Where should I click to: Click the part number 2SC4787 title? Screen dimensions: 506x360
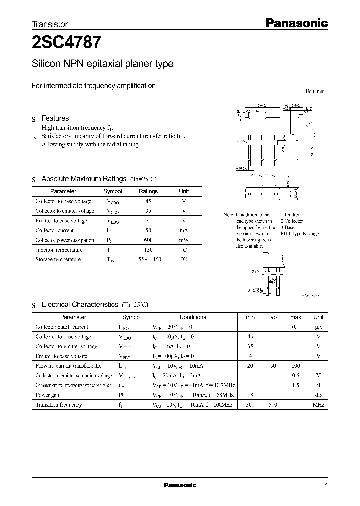(x=68, y=43)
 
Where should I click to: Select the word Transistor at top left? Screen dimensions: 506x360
(x=49, y=24)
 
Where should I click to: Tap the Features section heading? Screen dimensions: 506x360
(x=55, y=118)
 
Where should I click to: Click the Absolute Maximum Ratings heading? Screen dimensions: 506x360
(x=84, y=179)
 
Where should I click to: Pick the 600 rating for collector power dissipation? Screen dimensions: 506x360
(x=148, y=240)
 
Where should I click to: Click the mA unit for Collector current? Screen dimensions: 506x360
(x=184, y=230)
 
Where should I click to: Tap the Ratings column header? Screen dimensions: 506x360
(x=148, y=191)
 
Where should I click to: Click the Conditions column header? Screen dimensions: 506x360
(x=193, y=317)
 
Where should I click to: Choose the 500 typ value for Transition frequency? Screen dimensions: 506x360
(x=273, y=405)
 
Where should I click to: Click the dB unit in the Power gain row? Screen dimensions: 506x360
(x=318, y=395)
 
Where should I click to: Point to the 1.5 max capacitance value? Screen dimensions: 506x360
(x=295, y=385)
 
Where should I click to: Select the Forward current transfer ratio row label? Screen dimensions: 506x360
(x=68, y=366)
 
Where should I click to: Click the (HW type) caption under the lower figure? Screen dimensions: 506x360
(x=310, y=296)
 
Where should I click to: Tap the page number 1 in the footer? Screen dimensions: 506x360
(x=326, y=485)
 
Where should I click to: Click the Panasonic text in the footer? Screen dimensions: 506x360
(x=180, y=485)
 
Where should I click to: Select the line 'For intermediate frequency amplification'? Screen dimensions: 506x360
(x=94, y=86)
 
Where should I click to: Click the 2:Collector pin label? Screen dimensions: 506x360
(x=292, y=221)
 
